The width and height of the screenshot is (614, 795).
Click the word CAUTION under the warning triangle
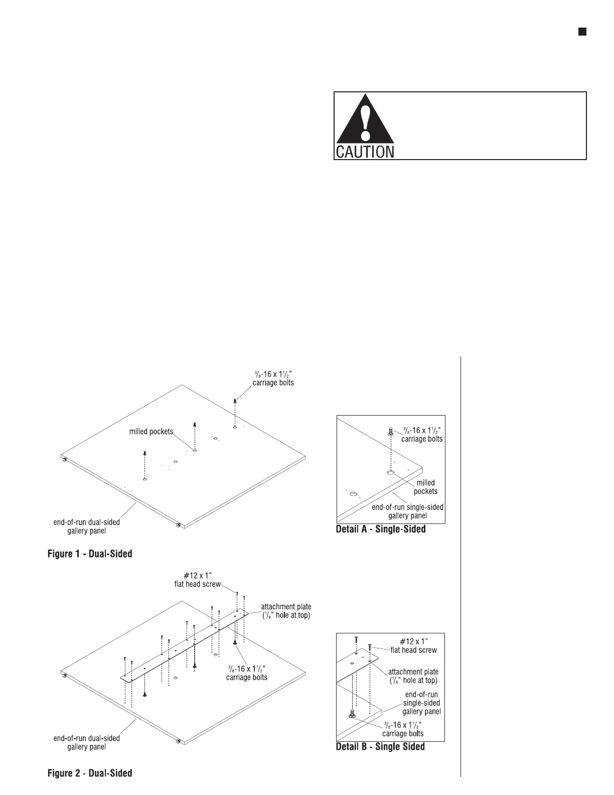point(364,152)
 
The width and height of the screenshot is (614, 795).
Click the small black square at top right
point(582,32)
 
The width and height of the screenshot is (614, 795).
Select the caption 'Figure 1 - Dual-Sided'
point(90,554)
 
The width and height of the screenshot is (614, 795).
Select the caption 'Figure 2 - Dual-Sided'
point(90,773)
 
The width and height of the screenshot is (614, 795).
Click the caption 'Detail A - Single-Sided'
point(380,529)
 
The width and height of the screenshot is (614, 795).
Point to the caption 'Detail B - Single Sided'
point(380,747)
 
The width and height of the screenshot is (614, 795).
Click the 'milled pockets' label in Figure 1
point(151,432)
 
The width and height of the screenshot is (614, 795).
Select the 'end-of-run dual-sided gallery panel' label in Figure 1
point(86,526)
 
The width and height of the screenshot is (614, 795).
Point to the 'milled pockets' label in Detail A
point(425,487)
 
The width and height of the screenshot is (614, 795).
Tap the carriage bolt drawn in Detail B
point(352,714)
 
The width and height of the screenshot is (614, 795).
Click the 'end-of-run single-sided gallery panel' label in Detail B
point(421,703)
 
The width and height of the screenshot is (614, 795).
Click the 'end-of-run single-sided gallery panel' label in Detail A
point(407,511)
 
